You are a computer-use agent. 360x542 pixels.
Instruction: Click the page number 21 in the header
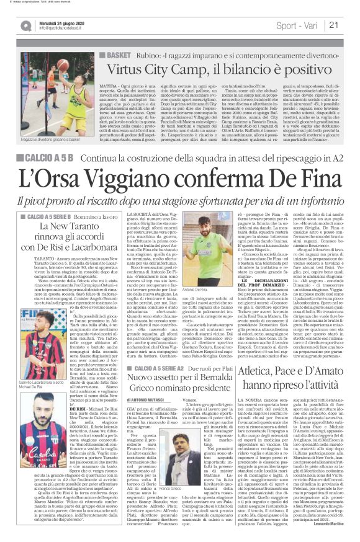point(351,25)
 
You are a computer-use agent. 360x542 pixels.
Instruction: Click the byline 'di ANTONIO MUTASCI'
point(146,391)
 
